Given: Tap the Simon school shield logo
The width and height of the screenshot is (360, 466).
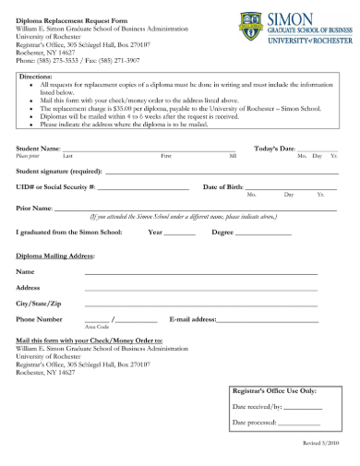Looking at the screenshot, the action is tap(249, 24).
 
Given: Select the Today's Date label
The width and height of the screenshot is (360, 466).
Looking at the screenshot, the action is tap(274, 149).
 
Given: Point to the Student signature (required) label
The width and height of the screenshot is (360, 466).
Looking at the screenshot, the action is tap(59, 171).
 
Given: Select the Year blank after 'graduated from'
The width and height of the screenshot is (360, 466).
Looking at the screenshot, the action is tap(180, 233).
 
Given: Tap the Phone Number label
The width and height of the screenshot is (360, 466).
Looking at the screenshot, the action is tap(40, 318).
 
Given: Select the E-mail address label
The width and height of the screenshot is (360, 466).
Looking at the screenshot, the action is tap(193, 318).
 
